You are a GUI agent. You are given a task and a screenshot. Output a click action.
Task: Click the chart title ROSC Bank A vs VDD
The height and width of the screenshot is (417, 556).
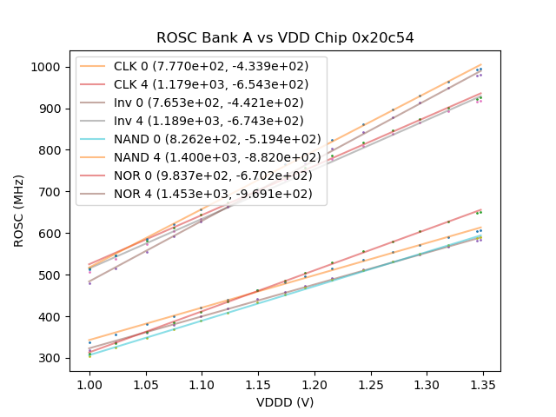285,38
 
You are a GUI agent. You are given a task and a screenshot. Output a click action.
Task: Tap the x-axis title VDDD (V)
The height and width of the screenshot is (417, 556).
285,403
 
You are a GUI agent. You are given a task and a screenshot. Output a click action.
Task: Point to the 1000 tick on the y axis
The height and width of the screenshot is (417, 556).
48,67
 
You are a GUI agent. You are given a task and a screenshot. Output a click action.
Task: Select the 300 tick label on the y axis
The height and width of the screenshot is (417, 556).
51,358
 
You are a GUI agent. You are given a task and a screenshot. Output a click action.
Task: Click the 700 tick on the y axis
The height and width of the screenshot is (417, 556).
51,192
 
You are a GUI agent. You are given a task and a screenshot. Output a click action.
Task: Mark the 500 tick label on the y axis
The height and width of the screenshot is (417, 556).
51,275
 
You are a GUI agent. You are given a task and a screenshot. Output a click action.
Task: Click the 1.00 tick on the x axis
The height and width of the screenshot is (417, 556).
89,383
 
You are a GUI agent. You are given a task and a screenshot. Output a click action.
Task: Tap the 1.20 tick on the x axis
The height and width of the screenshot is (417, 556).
314,383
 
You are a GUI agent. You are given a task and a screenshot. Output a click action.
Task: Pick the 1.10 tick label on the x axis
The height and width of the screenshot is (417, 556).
202,383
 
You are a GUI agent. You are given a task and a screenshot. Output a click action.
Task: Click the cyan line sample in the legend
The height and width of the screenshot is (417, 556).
97,139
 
